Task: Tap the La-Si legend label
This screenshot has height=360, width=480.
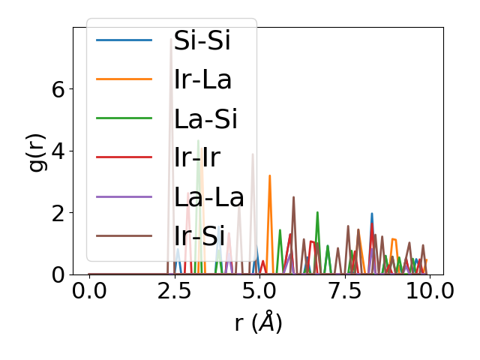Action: click(x=205, y=118)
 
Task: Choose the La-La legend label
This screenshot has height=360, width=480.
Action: click(x=209, y=197)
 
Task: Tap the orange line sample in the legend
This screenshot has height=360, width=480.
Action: click(x=124, y=79)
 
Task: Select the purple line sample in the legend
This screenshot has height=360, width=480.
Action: click(x=124, y=197)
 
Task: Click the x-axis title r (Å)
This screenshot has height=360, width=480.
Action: click(x=258, y=323)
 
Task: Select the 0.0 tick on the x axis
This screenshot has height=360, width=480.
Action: click(x=89, y=290)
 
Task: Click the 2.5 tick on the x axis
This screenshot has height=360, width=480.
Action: click(x=174, y=290)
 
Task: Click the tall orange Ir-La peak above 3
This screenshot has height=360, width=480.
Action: click(x=269, y=175)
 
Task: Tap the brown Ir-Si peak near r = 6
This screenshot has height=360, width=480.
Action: click(x=293, y=197)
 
